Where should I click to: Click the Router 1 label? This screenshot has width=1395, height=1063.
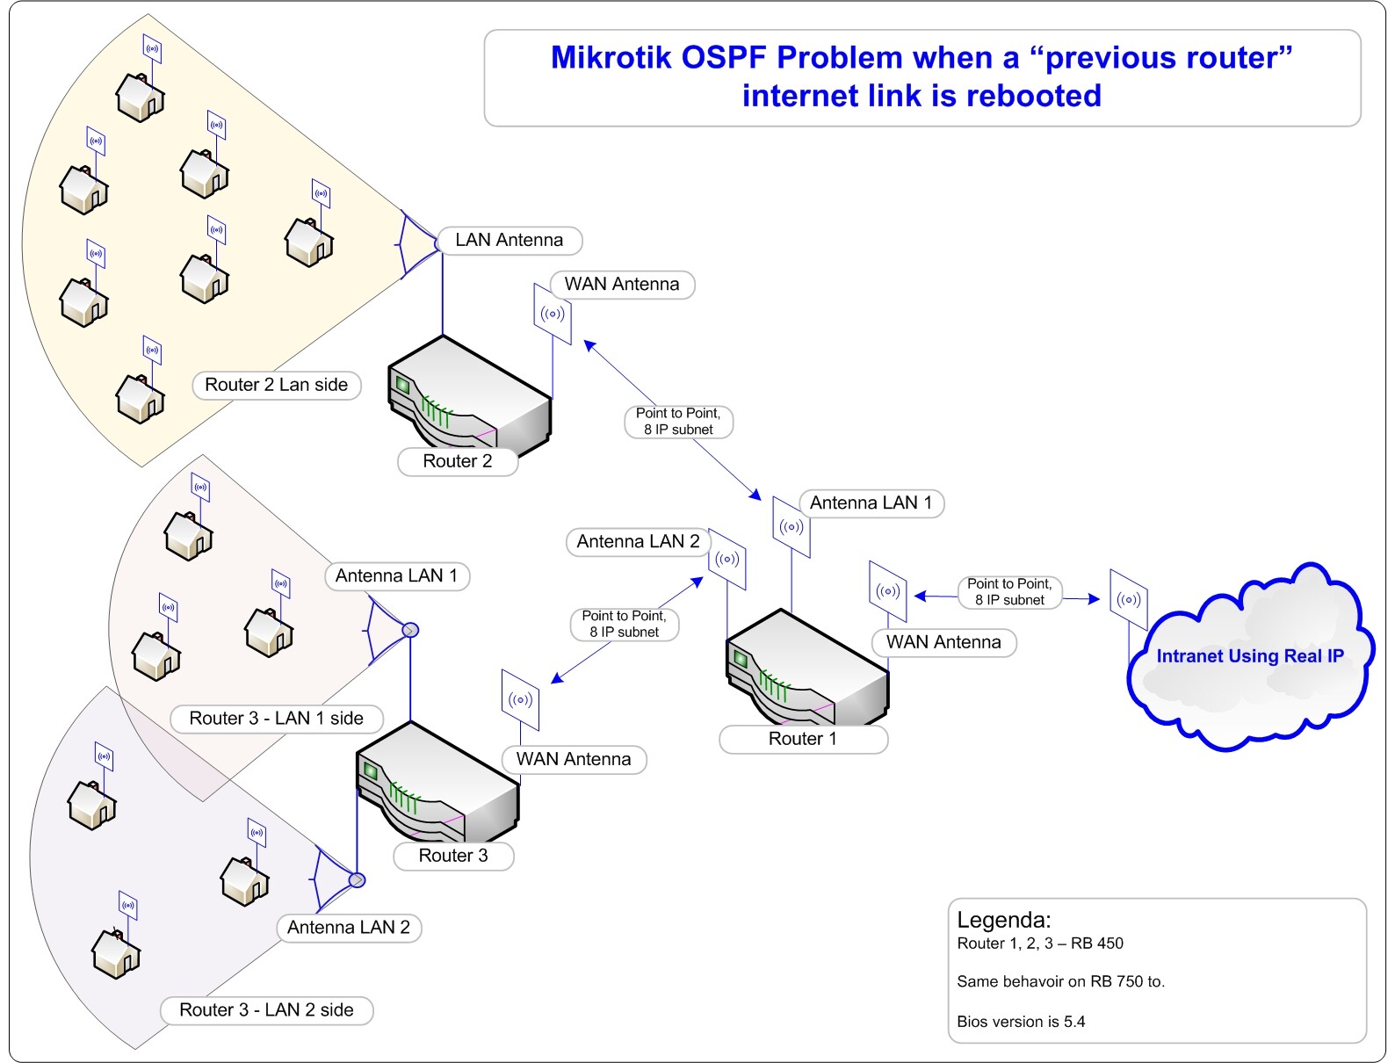803,739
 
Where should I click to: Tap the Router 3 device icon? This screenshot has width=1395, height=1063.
437,782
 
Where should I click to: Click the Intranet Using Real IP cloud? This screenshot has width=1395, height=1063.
1248,656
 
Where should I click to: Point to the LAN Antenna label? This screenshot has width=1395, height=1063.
510,240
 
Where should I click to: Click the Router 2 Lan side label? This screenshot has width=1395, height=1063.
276,385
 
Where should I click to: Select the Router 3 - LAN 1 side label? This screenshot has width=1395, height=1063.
276,719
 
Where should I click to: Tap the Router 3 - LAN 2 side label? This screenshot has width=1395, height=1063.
266,1010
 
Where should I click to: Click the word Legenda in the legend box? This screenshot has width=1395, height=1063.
1002,920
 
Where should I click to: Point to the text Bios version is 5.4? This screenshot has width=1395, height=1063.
1021,1022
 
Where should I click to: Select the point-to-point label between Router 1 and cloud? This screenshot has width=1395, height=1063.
1009,592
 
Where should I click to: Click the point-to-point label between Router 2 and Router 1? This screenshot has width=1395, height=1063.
678,422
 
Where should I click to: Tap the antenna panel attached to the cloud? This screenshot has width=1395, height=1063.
1129,600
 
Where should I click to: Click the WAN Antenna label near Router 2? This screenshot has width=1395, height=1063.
621,285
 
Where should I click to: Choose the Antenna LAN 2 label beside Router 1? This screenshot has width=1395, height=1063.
638,542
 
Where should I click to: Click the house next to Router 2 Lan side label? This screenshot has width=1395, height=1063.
141,398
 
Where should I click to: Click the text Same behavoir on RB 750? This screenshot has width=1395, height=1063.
1060,982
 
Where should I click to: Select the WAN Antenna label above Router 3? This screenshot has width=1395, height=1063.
574,759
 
